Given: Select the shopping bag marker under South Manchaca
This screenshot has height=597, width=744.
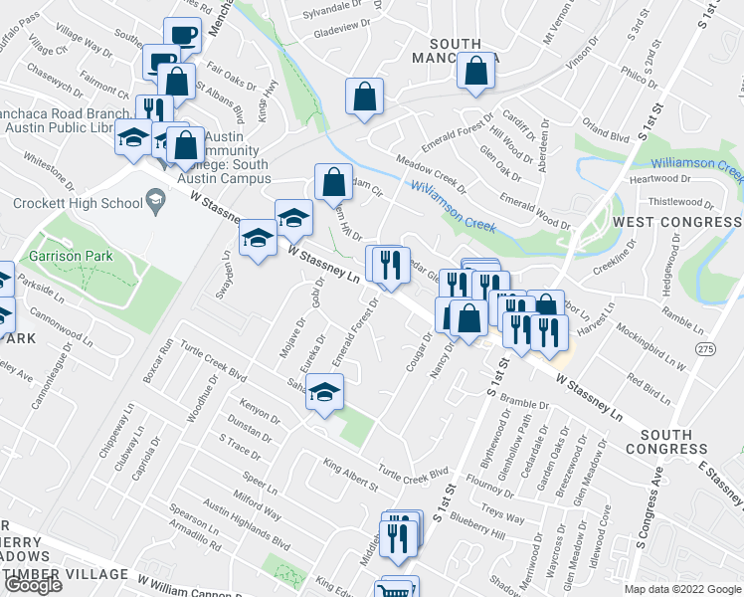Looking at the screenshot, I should tap(477, 72).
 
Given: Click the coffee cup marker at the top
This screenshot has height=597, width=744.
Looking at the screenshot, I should tap(183, 36).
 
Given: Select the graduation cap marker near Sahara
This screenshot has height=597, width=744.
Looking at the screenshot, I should tap(324, 393).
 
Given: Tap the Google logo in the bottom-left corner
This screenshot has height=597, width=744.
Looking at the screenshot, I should tap(32, 585).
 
